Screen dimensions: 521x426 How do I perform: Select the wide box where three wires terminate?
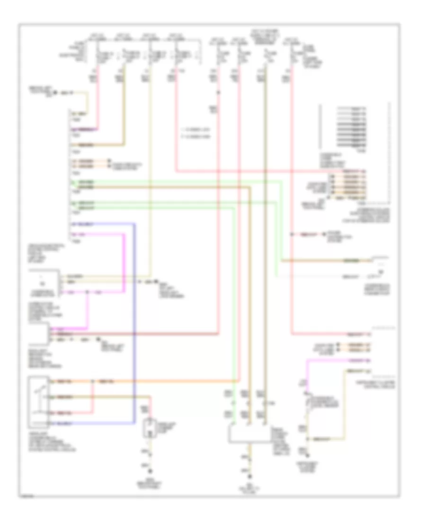pos(249,434)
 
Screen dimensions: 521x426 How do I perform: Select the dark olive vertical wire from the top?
pos(266,237)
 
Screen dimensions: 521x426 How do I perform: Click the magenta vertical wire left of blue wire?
pos(125,260)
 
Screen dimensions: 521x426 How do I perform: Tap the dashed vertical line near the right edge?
pos(390,152)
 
